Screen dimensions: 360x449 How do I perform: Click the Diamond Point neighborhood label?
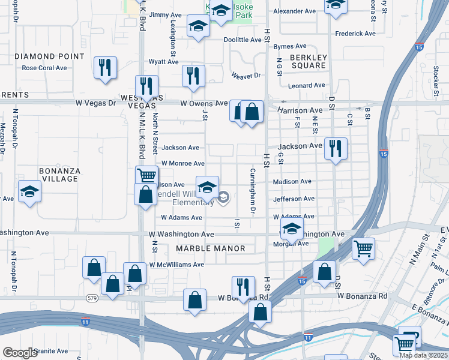tap(49, 56)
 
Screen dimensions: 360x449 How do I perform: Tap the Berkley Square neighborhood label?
tap(307, 62)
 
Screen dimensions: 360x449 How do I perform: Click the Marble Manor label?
tap(210, 248)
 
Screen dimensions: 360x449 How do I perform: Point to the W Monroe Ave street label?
tap(182, 163)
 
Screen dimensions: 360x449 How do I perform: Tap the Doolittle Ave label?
tap(243, 40)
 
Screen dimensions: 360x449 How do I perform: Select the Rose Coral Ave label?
tap(44, 68)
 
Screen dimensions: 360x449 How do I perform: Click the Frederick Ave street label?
tap(355, 34)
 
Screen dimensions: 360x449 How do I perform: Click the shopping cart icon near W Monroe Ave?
tap(146, 176)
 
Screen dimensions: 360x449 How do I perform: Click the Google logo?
tap(20, 353)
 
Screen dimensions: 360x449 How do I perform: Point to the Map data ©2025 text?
tap(423, 355)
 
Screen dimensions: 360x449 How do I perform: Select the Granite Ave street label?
tap(51, 351)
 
